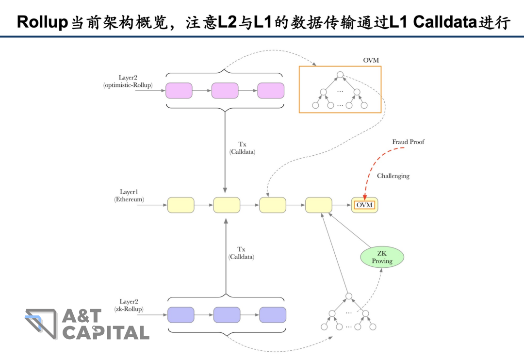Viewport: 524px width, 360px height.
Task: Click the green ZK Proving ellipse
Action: click(x=382, y=257)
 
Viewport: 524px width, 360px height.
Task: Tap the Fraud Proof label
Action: click(x=408, y=142)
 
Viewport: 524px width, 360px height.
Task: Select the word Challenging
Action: click(x=393, y=176)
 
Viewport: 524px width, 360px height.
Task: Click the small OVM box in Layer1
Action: click(x=364, y=205)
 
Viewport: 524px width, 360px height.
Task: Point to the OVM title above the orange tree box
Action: click(x=371, y=60)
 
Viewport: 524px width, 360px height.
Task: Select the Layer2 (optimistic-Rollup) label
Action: click(x=128, y=81)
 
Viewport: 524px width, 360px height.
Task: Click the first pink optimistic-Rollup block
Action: click(x=179, y=91)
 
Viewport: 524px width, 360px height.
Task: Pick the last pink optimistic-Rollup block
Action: click(x=270, y=91)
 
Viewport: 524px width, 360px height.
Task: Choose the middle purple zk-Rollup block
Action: click(x=227, y=315)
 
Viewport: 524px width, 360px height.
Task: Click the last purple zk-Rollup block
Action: click(x=273, y=315)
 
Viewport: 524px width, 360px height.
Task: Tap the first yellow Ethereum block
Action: click(x=180, y=205)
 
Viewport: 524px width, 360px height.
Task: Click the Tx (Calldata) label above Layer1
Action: click(x=242, y=148)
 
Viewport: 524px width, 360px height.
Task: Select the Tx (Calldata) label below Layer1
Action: click(x=241, y=253)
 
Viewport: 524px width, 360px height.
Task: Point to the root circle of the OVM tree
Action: click(x=340, y=75)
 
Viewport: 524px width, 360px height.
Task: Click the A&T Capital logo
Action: click(x=87, y=324)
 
